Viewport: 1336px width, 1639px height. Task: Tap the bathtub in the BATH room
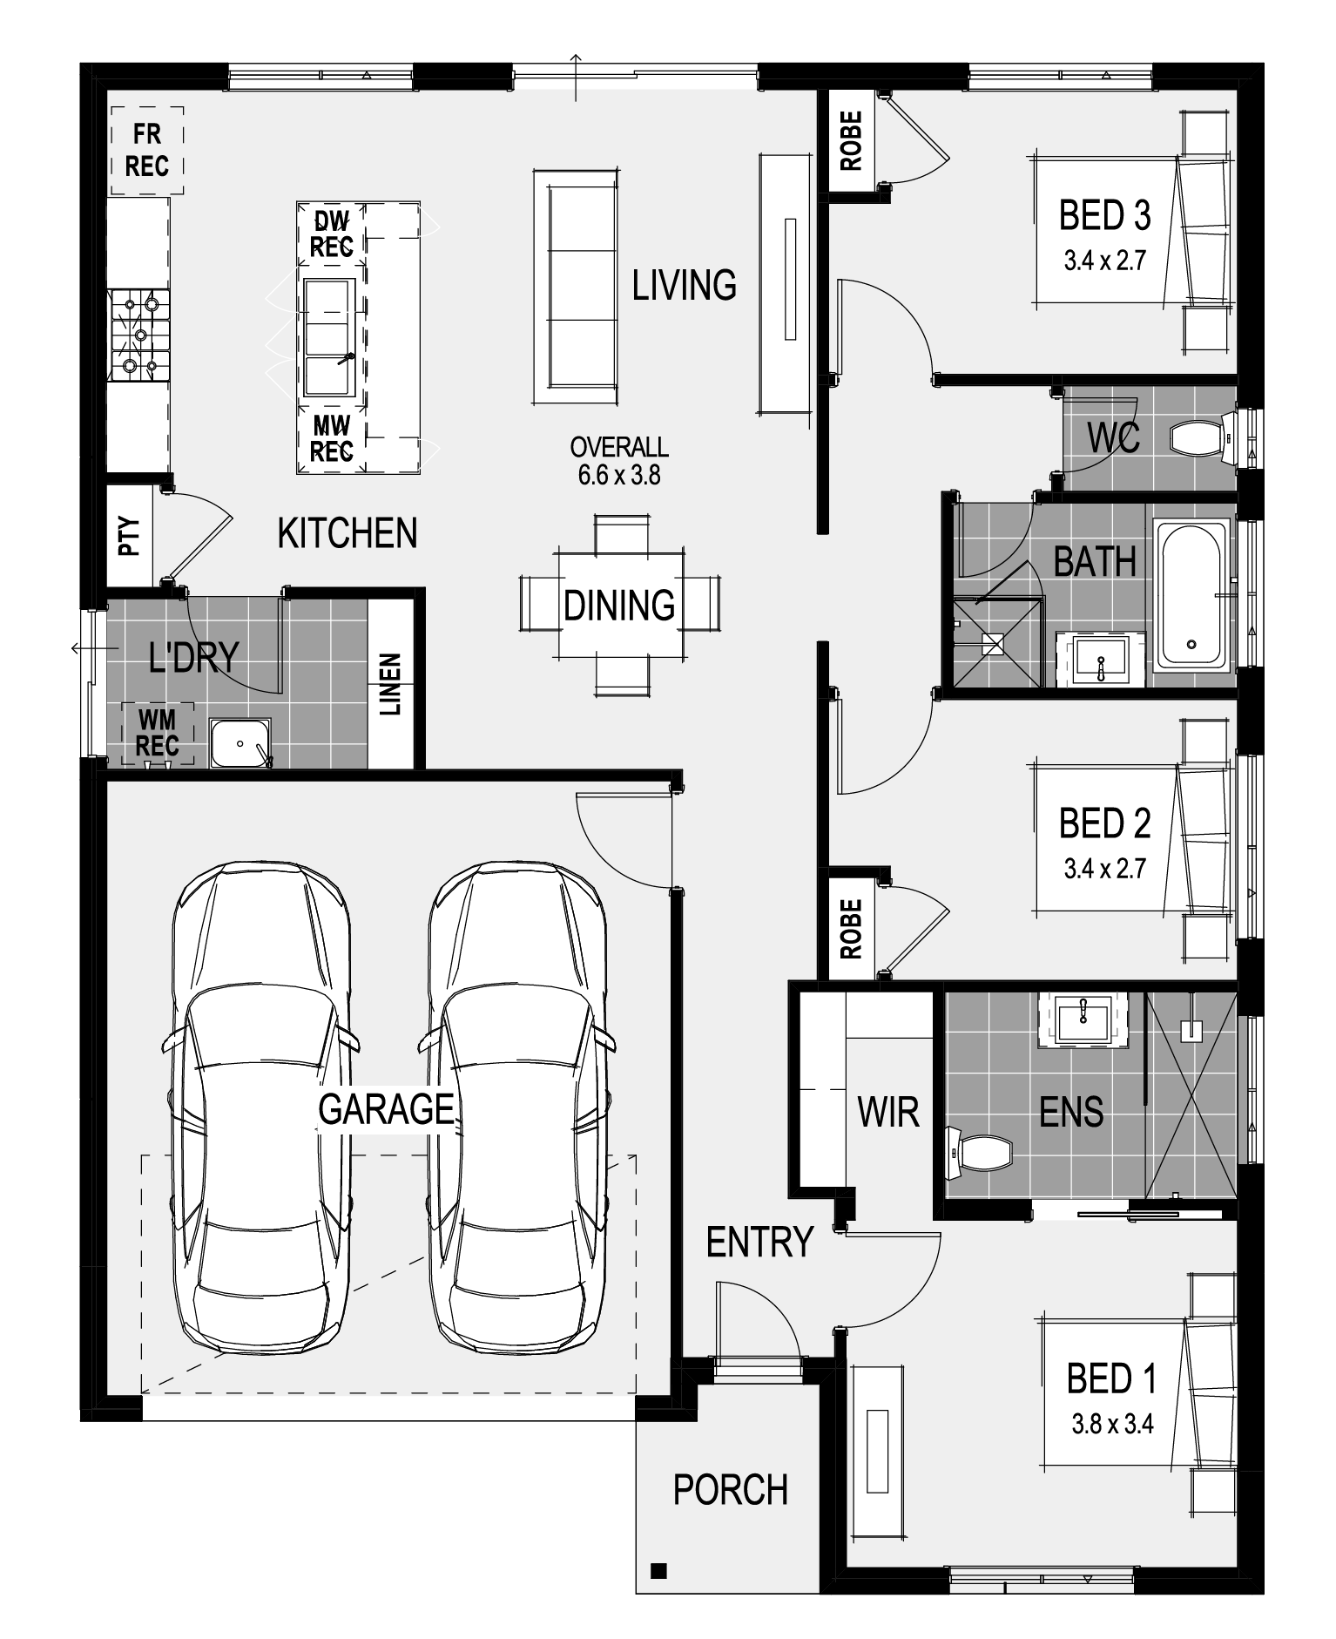point(1191,594)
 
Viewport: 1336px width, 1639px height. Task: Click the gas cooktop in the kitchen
point(139,335)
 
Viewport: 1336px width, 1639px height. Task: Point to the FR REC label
point(146,150)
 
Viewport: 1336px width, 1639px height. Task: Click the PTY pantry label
point(129,537)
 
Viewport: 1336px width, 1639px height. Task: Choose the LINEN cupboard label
point(390,685)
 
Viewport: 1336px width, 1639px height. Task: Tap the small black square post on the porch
point(659,1571)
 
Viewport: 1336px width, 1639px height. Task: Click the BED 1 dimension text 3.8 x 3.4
point(1112,1423)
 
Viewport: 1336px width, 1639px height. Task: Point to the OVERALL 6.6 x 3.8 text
point(619,460)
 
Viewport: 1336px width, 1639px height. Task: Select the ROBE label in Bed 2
point(851,929)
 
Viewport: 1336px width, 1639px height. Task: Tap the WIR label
point(888,1112)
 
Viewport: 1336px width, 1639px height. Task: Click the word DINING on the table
point(619,605)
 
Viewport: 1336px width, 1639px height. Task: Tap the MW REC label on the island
point(331,438)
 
